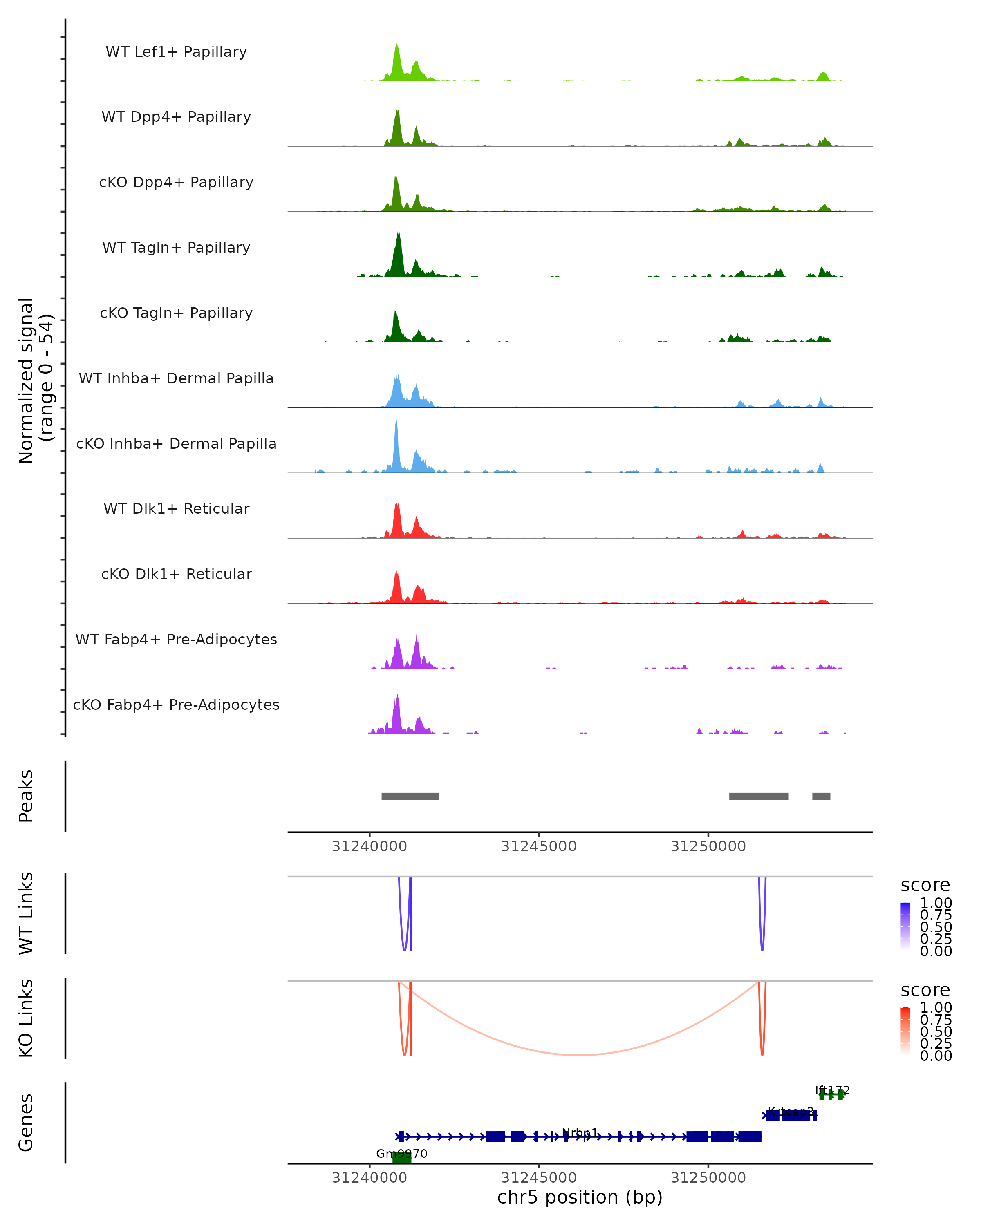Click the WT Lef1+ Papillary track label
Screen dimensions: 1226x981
point(176,52)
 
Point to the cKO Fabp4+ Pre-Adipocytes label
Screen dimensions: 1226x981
point(176,705)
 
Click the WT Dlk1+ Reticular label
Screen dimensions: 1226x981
point(176,508)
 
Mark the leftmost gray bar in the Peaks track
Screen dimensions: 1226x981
point(410,796)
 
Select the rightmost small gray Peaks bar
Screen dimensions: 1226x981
point(821,796)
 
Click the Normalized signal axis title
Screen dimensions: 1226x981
point(35,380)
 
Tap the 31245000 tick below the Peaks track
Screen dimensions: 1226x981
point(539,846)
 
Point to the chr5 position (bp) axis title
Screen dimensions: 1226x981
point(580,1197)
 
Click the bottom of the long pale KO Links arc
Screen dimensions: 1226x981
point(578,1055)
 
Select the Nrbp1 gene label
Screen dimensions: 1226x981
point(580,1133)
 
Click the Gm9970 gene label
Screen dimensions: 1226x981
point(401,1154)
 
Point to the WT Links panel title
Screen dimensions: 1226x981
point(26,913)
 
